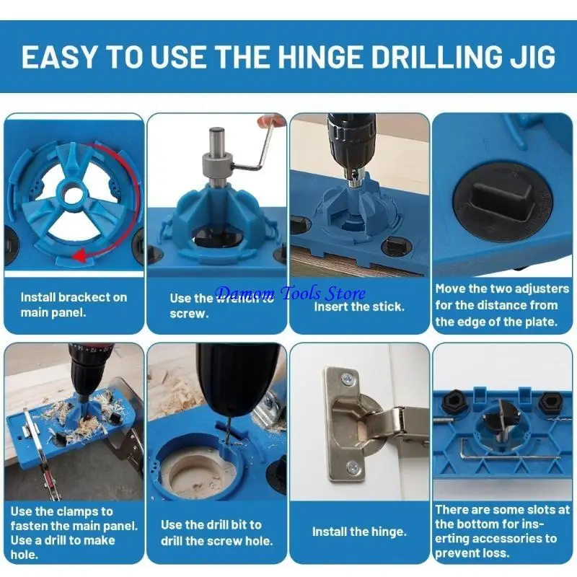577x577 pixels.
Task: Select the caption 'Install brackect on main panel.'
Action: [x=74, y=304]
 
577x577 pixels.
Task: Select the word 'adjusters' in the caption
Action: [x=542, y=288]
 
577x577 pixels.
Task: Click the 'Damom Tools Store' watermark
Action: [x=291, y=294]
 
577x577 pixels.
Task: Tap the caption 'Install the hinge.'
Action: [x=359, y=532]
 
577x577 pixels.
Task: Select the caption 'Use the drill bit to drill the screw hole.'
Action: [x=216, y=533]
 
